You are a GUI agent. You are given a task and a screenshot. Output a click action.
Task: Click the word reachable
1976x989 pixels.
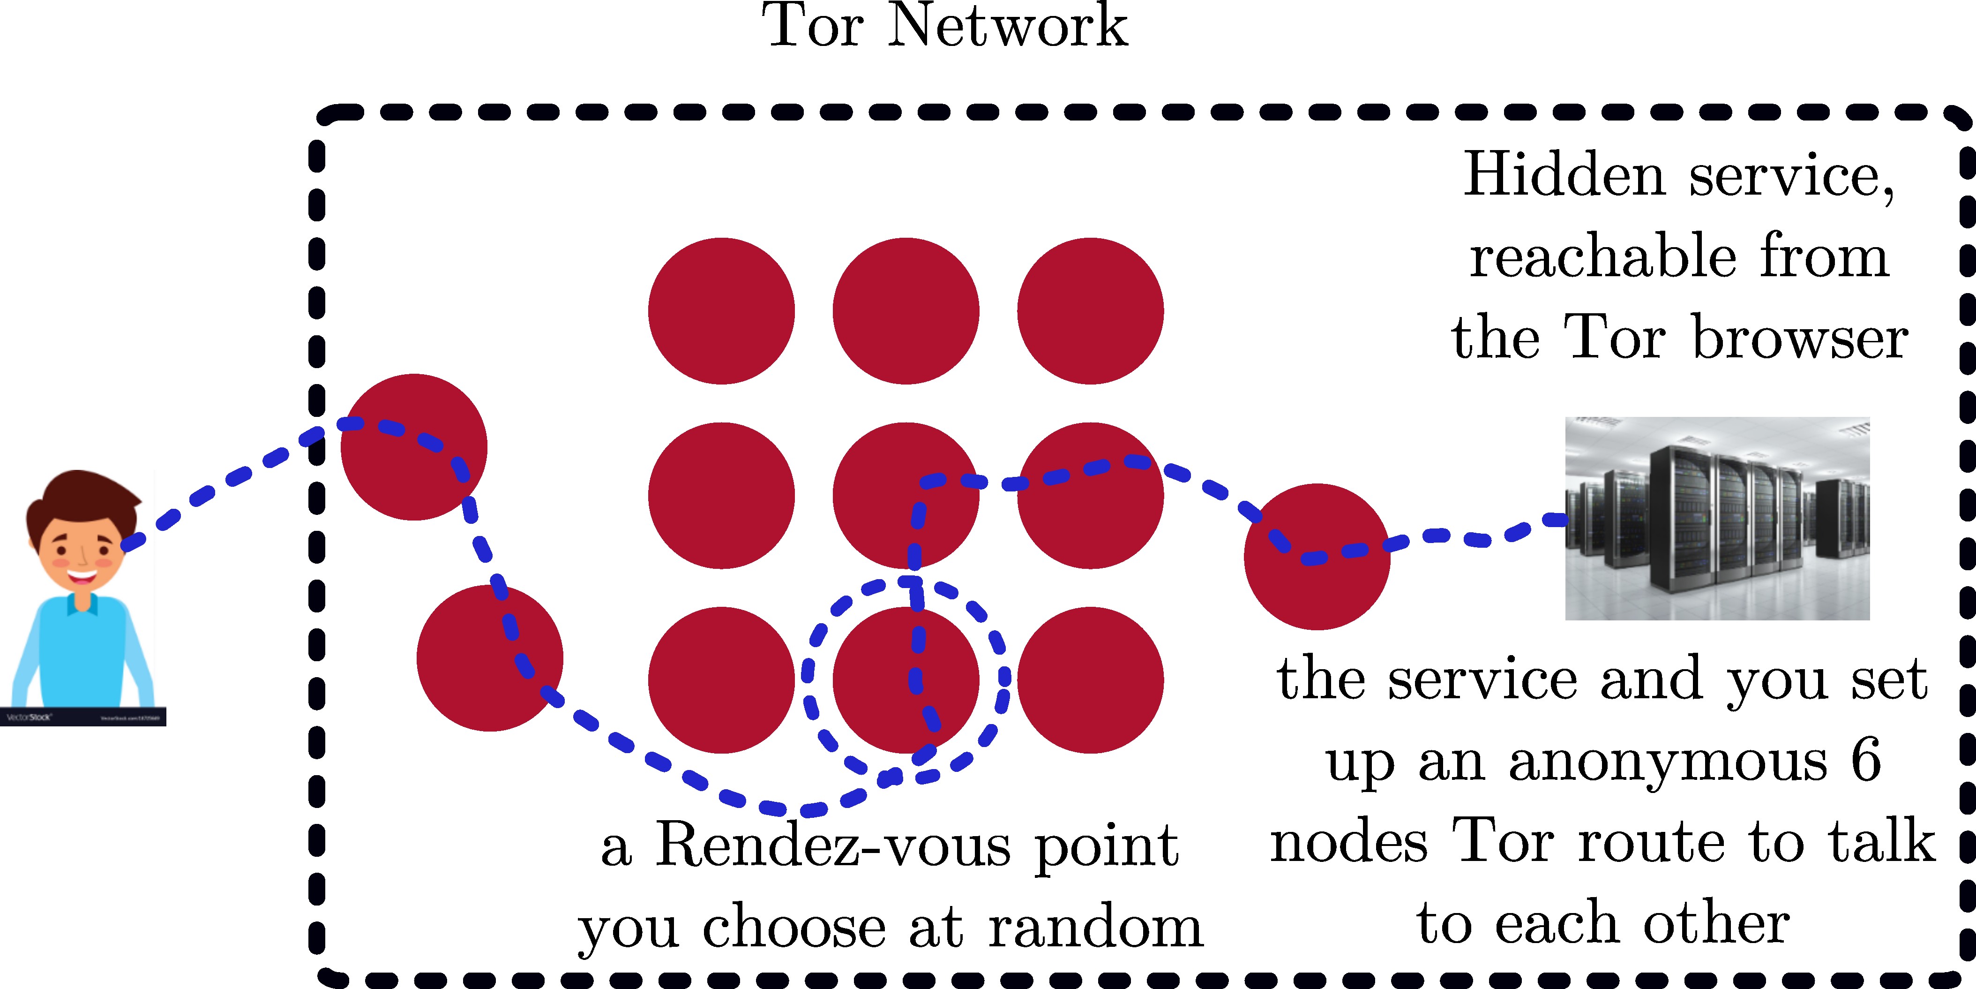click(1603, 256)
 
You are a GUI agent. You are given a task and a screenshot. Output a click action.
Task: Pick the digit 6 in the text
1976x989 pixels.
click(1865, 760)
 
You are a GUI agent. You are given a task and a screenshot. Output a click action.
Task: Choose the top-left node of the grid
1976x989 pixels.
click(721, 311)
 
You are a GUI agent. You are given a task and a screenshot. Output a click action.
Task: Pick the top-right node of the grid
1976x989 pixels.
click(1090, 311)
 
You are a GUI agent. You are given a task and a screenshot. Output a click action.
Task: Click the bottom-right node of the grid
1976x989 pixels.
click(1090, 680)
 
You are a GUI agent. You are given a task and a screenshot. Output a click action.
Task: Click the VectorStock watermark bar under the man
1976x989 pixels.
click(83, 717)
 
